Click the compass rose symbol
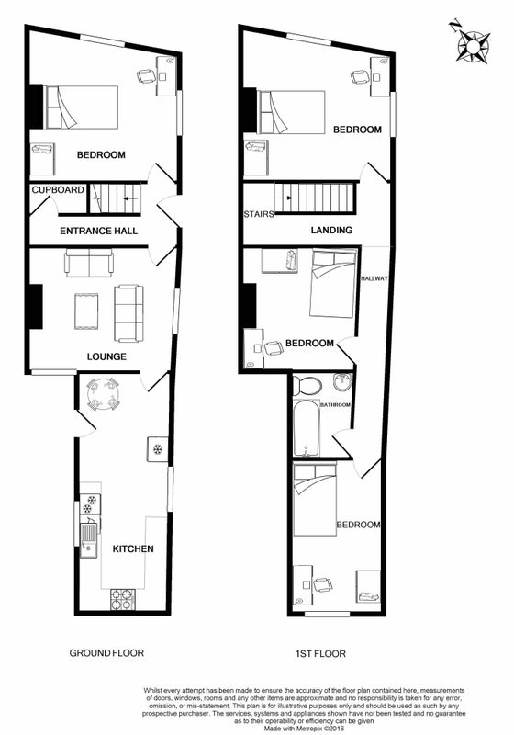(x=473, y=45)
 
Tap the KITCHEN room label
(x=133, y=548)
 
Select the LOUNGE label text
(x=106, y=356)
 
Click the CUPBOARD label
(x=58, y=190)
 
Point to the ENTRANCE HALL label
(x=99, y=231)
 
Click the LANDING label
(x=331, y=231)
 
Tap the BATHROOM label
(x=335, y=405)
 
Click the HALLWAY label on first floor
(x=374, y=278)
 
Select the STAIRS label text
(x=259, y=214)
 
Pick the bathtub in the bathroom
(x=307, y=430)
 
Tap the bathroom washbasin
(x=342, y=382)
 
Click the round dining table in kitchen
(x=103, y=394)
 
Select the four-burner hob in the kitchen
(x=123, y=600)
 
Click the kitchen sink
(x=89, y=539)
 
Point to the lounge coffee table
(x=86, y=311)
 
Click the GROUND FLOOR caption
(x=106, y=653)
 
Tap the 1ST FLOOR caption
(x=320, y=653)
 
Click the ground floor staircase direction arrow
(x=129, y=198)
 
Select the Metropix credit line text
(x=304, y=729)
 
